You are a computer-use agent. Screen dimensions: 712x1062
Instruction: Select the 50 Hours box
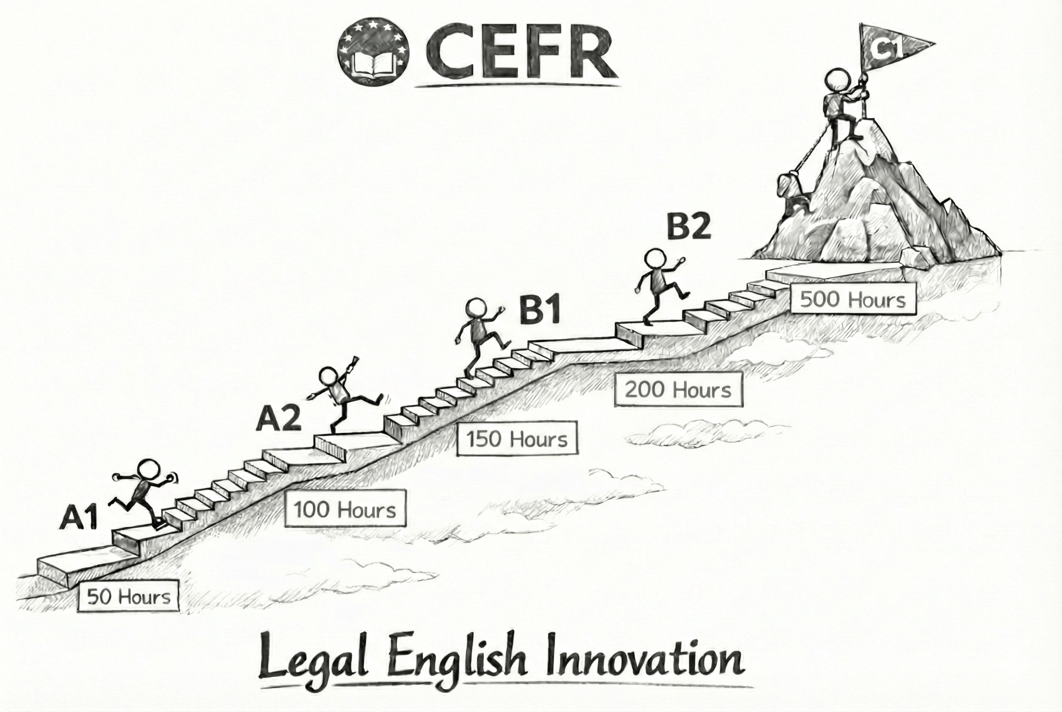point(129,596)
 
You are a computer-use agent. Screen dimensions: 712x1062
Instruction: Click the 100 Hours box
point(345,508)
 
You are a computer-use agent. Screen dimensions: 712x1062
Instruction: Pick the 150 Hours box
point(517,439)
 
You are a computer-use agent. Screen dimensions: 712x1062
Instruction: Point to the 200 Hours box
point(678,389)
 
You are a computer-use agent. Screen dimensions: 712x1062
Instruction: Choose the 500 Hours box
point(853,299)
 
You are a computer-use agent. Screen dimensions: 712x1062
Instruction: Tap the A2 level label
point(279,419)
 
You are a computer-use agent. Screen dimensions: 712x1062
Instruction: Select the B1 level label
point(540,310)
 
